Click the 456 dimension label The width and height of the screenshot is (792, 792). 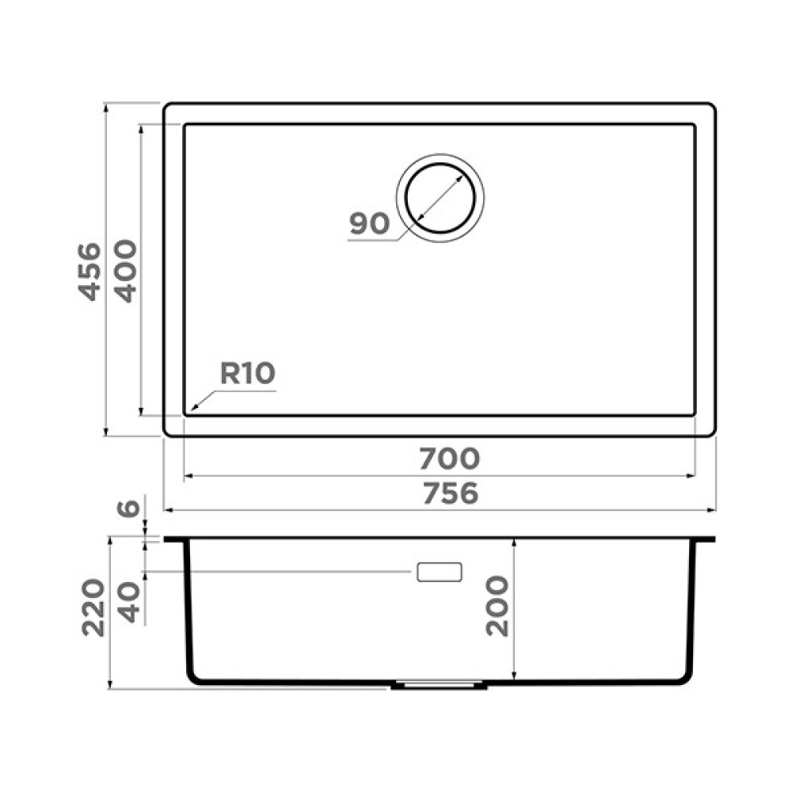coord(89,272)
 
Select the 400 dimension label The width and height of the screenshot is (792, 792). coord(125,271)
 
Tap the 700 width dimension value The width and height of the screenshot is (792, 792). coord(450,459)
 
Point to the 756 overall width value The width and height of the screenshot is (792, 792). coord(450,493)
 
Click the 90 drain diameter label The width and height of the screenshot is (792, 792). coord(370,223)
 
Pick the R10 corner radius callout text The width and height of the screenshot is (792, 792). coord(247,373)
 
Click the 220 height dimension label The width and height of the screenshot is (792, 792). coord(93,607)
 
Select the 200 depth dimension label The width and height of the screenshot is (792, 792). coord(497,606)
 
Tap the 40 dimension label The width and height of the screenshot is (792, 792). coord(128,602)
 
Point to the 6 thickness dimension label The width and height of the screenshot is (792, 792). coord(128,508)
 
